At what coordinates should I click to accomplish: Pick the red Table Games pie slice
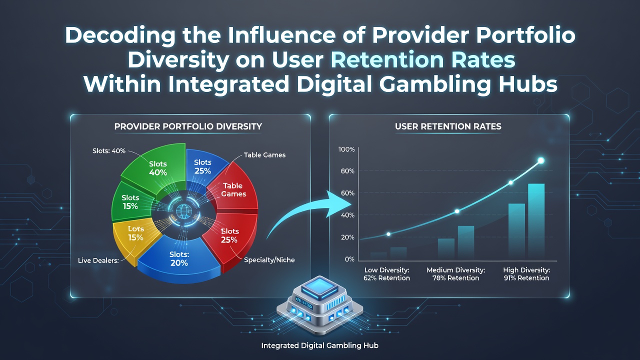[x=233, y=190]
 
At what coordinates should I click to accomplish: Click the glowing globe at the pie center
[x=182, y=211]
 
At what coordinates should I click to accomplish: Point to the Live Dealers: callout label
[x=98, y=260]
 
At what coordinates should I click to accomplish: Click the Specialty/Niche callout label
[x=269, y=260]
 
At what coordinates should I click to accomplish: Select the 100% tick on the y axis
[x=346, y=149]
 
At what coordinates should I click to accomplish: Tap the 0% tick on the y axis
[x=349, y=259]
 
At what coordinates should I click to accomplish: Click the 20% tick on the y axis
[x=347, y=237]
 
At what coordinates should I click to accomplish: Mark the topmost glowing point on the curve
[x=541, y=160]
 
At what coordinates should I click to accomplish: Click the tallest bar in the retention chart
[x=536, y=222]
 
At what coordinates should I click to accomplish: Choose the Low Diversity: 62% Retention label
[x=387, y=274]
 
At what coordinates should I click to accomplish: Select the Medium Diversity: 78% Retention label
[x=455, y=274]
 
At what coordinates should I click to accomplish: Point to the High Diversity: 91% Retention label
[x=526, y=274]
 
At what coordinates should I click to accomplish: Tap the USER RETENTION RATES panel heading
[x=448, y=126]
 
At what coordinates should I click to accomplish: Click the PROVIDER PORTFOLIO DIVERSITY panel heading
[x=188, y=126]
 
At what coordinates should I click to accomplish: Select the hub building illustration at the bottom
[x=319, y=305]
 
